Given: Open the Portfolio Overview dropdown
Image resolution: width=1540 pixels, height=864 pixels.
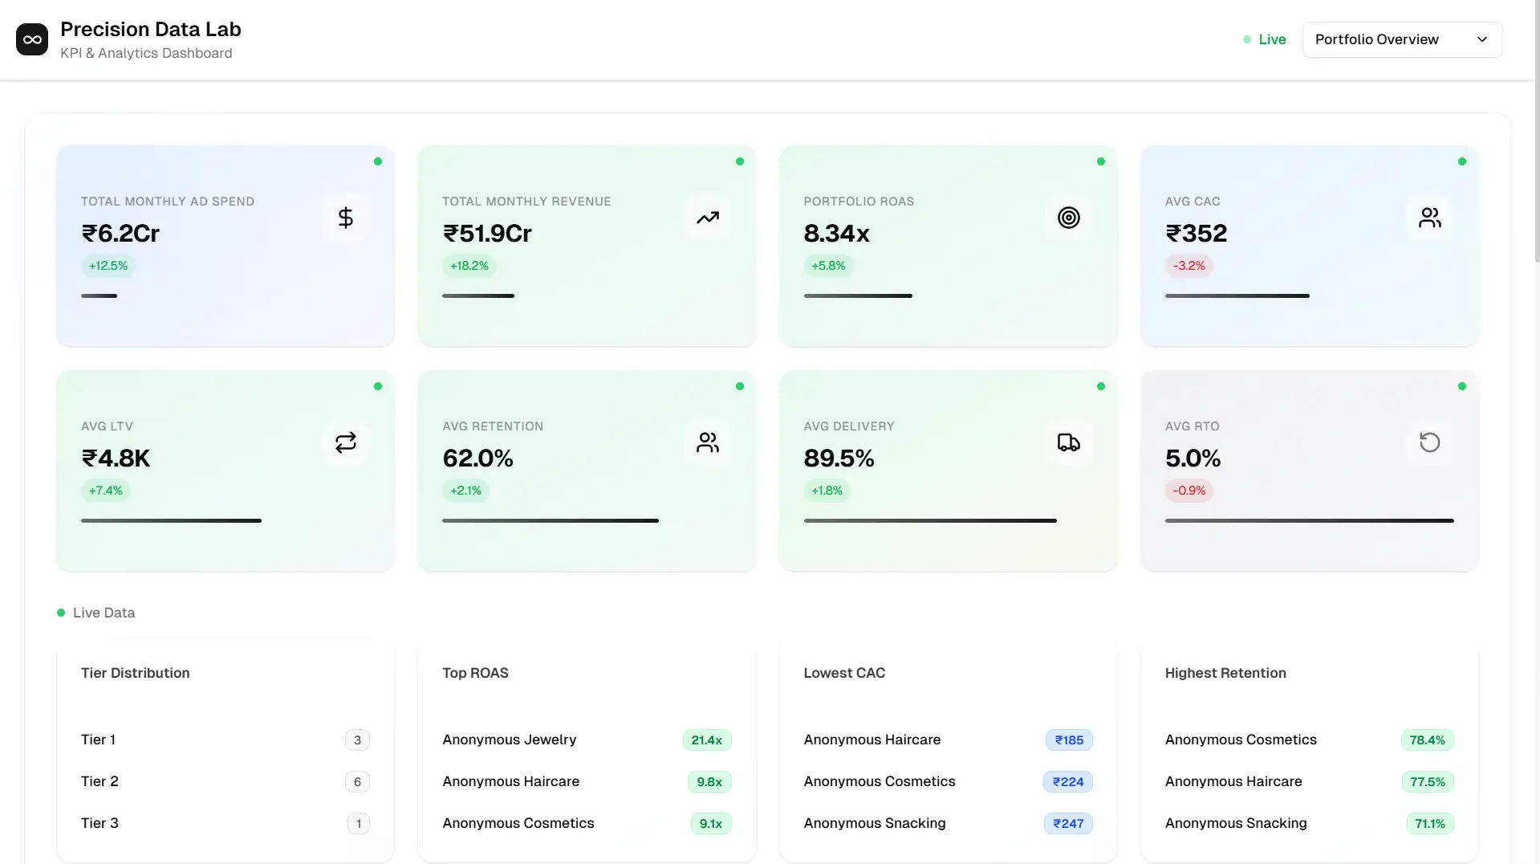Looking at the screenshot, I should click(x=1401, y=39).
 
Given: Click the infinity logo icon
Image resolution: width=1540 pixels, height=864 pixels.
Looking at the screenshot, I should click(x=32, y=39).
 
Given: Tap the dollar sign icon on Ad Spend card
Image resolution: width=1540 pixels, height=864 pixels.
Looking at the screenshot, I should click(x=346, y=218).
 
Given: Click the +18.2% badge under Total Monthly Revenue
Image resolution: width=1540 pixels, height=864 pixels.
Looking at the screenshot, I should click(x=469, y=266).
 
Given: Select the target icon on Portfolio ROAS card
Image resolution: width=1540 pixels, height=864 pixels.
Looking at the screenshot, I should click(x=1068, y=218).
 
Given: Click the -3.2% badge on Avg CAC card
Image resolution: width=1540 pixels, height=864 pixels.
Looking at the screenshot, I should click(x=1189, y=266).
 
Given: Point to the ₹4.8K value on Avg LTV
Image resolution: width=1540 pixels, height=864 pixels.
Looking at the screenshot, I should click(x=116, y=458).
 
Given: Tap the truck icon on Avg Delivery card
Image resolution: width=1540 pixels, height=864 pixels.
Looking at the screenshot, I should click(x=1068, y=442).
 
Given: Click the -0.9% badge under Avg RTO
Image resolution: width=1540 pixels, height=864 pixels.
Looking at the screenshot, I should click(x=1189, y=491).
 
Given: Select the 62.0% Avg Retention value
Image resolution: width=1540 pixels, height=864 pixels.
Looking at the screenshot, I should click(x=477, y=458).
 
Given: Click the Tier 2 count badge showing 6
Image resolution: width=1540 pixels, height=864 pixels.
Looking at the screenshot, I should click(x=357, y=781).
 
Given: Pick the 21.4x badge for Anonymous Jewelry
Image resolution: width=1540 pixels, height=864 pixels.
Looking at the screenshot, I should click(x=706, y=740).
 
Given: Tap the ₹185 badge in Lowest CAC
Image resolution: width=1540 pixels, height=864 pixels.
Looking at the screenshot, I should click(x=1069, y=740).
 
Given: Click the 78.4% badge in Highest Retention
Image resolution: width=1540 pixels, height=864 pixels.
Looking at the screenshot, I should click(x=1427, y=740).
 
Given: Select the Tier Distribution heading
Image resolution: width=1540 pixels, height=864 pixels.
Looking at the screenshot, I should click(x=136, y=673).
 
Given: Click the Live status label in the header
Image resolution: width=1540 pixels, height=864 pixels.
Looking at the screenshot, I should click(x=1272, y=39).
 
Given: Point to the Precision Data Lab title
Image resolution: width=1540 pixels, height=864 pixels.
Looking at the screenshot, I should click(x=151, y=29).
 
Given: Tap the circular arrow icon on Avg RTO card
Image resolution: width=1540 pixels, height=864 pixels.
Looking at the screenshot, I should click(x=1429, y=442).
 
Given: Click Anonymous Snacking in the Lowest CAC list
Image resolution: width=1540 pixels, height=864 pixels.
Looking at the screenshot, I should click(x=875, y=823).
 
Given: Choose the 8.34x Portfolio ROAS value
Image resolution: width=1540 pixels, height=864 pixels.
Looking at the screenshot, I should click(x=836, y=233).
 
